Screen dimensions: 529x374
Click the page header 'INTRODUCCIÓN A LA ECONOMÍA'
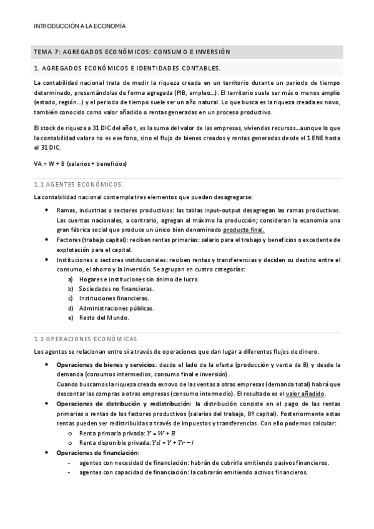[x=79, y=26]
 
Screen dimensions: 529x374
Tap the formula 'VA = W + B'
[x=81, y=163]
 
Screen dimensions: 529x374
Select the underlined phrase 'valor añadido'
[x=305, y=394]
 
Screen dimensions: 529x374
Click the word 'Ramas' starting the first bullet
[x=66, y=210]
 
